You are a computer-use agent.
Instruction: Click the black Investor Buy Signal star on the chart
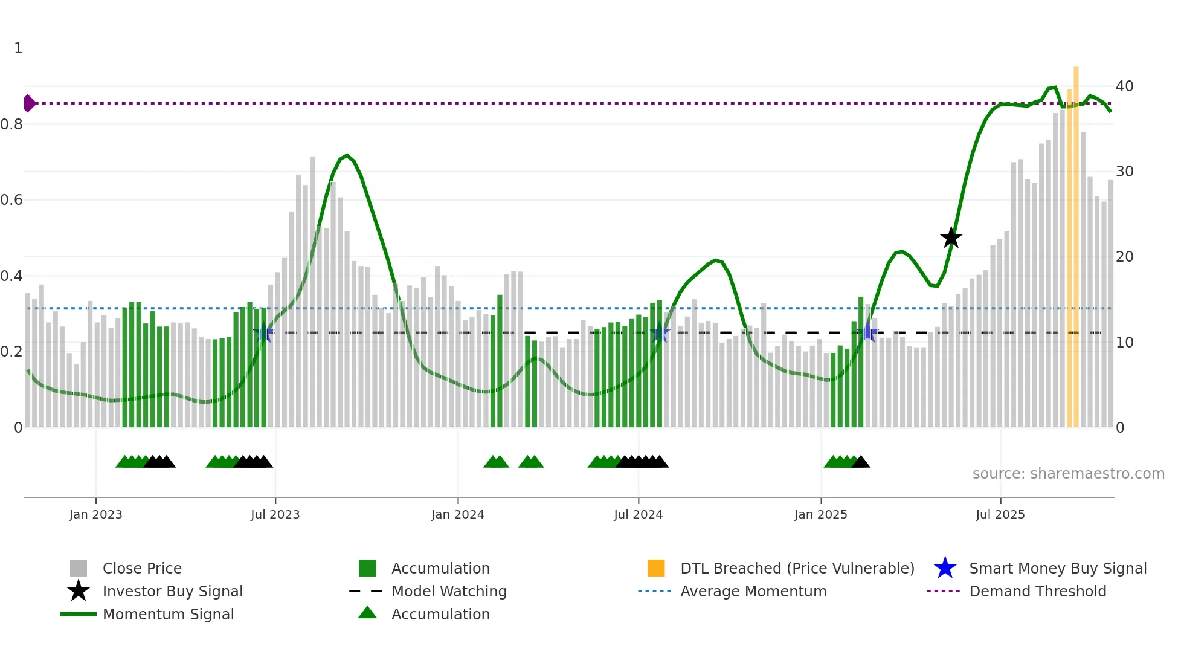[x=951, y=238]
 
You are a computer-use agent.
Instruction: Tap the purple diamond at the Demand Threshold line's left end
[x=29, y=103]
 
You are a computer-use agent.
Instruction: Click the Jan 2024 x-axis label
[x=457, y=514]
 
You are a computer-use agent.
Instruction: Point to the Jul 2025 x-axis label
[x=1000, y=514]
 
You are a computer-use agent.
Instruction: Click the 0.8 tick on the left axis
[x=11, y=124]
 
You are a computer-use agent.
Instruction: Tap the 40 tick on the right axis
[x=1124, y=86]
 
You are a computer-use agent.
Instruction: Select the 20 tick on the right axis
[x=1124, y=257]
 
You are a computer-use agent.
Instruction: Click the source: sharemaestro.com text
[x=1068, y=474]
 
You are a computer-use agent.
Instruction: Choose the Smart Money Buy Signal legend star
[x=945, y=568]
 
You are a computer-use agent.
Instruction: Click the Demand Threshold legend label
[x=1037, y=591]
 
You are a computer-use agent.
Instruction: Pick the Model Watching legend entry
[x=448, y=591]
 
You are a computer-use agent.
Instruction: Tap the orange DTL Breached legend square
[x=656, y=568]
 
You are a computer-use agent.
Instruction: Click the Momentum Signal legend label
[x=168, y=614]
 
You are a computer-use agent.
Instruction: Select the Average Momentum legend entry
[x=753, y=591]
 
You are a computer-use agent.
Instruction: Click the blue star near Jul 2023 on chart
[x=263, y=333]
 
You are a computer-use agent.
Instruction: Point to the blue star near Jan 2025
[x=868, y=332]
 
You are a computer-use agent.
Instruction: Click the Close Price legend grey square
[x=79, y=568]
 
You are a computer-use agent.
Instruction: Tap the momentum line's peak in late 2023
[x=347, y=155]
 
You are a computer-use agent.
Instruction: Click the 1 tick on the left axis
[x=18, y=48]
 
